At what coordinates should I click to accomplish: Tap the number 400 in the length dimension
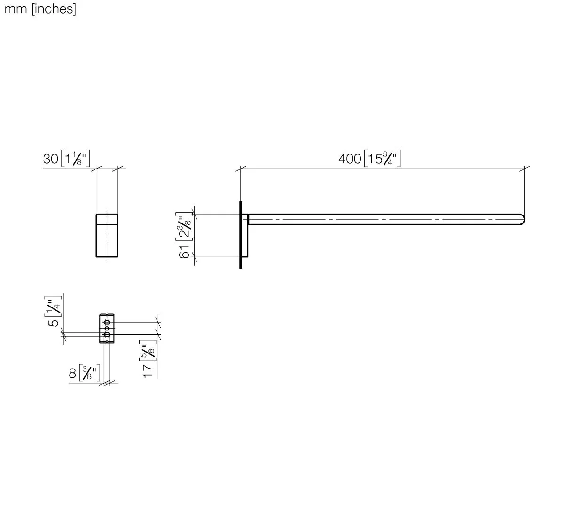pyautogui.click(x=349, y=159)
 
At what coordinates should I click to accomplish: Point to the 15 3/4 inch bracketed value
pyautogui.click(x=383, y=159)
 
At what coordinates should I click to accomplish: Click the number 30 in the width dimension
pyautogui.click(x=50, y=159)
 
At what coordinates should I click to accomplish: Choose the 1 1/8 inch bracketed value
pyautogui.click(x=75, y=159)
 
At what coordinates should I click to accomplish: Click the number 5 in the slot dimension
pyautogui.click(x=55, y=323)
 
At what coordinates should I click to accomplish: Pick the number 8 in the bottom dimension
pyautogui.click(x=72, y=374)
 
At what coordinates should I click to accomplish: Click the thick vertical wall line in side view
pyautogui.click(x=241, y=235)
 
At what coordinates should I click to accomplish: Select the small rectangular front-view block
pyautogui.click(x=107, y=235)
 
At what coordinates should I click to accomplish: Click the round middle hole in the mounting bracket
pyautogui.click(x=107, y=329)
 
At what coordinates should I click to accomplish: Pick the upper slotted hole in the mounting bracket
pyautogui.click(x=107, y=323)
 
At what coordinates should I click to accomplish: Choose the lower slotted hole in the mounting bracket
pyautogui.click(x=107, y=334)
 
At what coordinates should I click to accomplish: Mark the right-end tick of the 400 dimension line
pyautogui.click(x=525, y=168)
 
